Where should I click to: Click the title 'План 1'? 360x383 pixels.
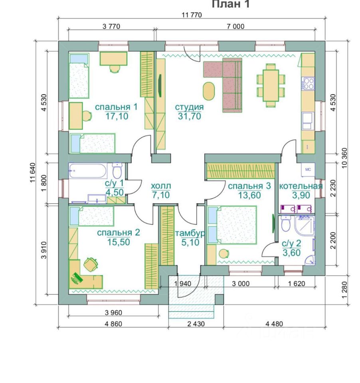[230, 4]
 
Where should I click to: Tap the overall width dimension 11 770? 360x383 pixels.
[192, 15]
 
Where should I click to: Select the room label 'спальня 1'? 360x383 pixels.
[116, 107]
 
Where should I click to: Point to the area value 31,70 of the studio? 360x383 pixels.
[190, 116]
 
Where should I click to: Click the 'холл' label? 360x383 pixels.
[161, 186]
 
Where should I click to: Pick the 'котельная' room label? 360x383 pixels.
[301, 186]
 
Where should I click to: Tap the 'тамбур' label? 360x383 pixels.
[190, 233]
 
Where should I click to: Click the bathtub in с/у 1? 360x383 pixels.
[88, 170]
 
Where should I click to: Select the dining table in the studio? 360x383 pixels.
[271, 85]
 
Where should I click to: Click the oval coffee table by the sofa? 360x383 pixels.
[209, 91]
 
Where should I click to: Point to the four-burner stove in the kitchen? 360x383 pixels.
[308, 83]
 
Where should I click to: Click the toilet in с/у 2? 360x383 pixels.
[285, 223]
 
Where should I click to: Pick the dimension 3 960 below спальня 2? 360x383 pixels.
[113, 312]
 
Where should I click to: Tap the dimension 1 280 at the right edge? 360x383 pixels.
[344, 290]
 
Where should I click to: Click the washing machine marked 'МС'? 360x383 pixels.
[308, 169]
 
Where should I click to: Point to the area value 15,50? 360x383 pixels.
[119, 242]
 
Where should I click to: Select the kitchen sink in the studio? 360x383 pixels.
[308, 120]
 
